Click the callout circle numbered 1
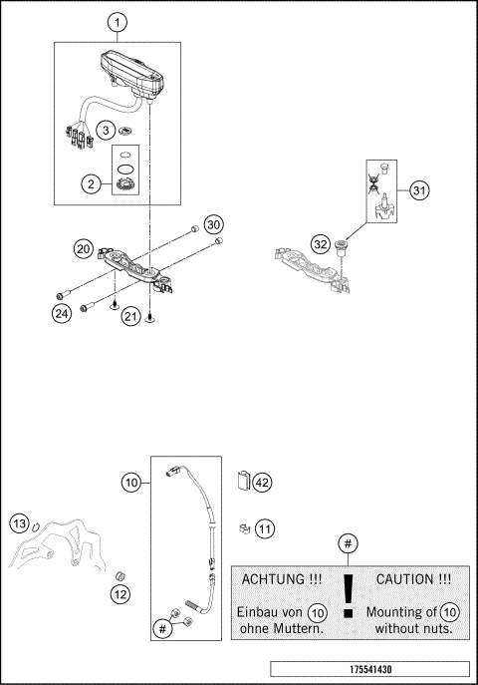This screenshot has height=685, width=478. pos(118,22)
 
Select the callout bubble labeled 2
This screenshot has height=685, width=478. pos(90,183)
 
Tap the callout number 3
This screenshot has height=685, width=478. pos(104,131)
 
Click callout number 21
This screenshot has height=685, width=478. pos(129,316)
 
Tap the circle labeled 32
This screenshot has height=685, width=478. pos(320,244)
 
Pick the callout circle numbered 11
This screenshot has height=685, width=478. pos(264,527)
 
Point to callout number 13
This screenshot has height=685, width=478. pos(119,595)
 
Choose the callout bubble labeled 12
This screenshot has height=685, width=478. pos(19,523)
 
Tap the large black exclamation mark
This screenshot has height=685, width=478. pos(347,601)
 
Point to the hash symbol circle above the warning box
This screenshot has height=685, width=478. pos(347,543)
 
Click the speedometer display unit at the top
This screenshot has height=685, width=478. pos(129,73)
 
